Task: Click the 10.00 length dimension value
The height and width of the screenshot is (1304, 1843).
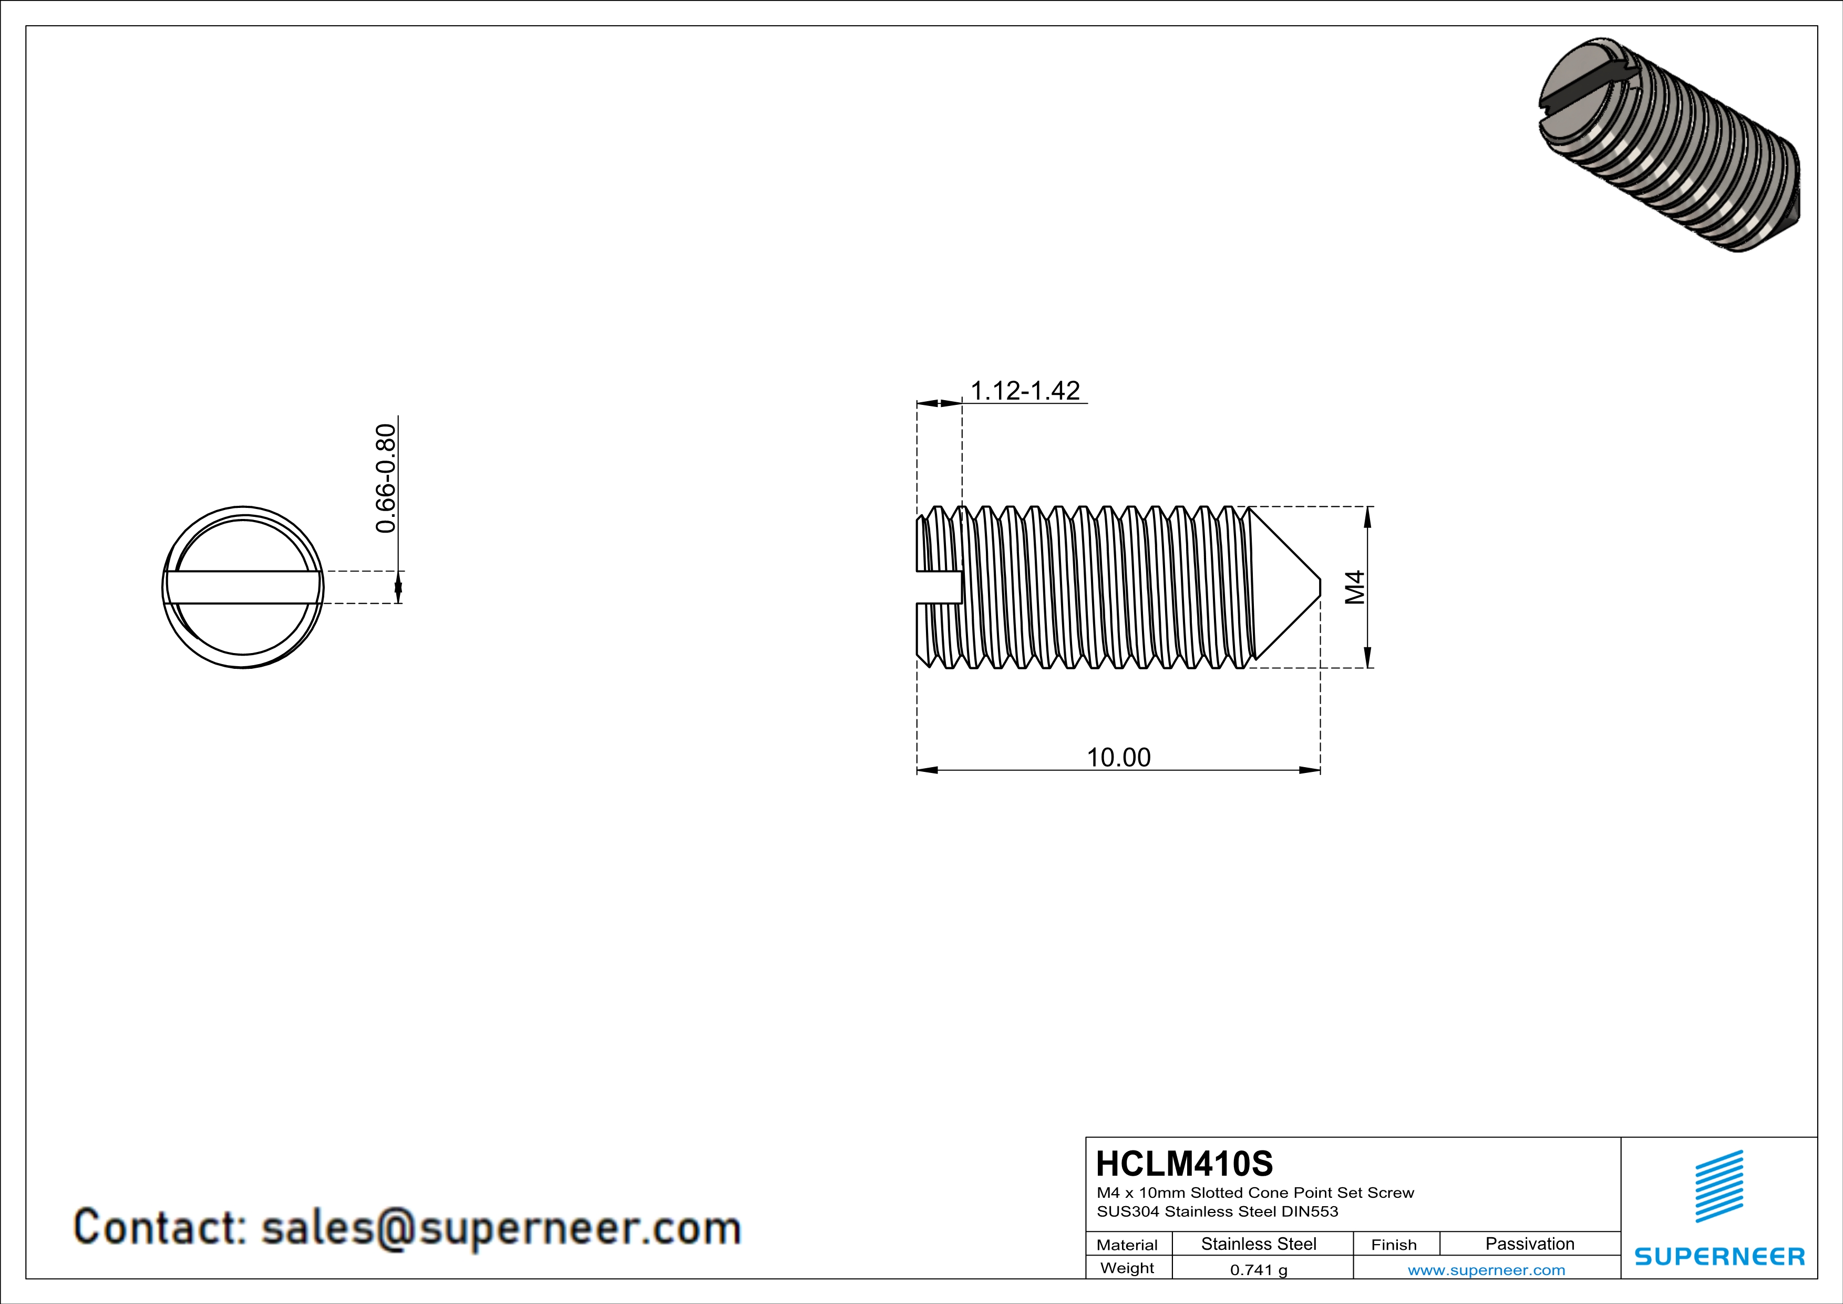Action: [x=1118, y=757]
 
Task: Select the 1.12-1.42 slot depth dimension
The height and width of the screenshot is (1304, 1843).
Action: [x=1025, y=391]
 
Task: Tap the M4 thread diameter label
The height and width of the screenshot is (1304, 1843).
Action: [x=1355, y=587]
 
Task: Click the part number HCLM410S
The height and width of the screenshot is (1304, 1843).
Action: [x=1184, y=1164]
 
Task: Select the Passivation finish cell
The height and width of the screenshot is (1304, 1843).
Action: [x=1529, y=1244]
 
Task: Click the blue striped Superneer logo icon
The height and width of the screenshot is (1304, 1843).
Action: [x=1718, y=1186]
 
